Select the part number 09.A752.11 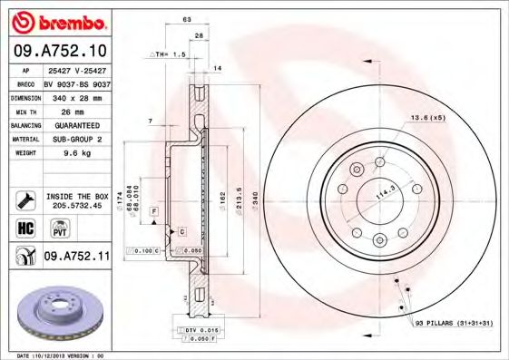[x=76, y=257]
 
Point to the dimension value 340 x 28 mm [x=76, y=96]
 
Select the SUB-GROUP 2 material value [x=76, y=139]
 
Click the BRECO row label [x=24, y=83]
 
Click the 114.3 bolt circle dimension [x=388, y=192]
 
